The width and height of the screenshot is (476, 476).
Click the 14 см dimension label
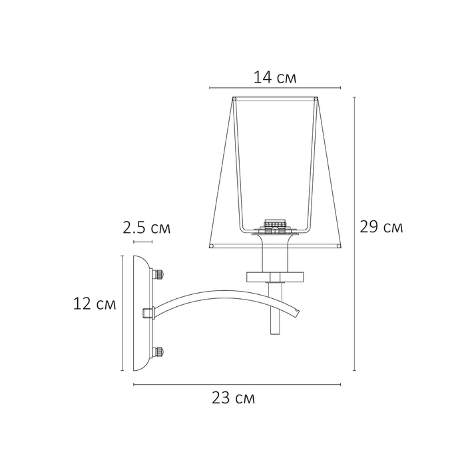tap(275, 77)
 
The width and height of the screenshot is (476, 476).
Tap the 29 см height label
tap(381, 227)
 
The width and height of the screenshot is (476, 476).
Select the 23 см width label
tap(233, 397)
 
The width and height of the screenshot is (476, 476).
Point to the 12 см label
tap(95, 304)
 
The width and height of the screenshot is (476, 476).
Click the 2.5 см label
tap(146, 228)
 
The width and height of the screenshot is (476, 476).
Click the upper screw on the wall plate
tap(158, 274)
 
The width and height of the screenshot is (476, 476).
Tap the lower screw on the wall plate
tap(158, 352)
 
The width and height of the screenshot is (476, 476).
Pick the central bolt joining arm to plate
tap(148, 313)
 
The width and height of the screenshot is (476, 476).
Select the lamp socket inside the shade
tap(275, 227)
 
